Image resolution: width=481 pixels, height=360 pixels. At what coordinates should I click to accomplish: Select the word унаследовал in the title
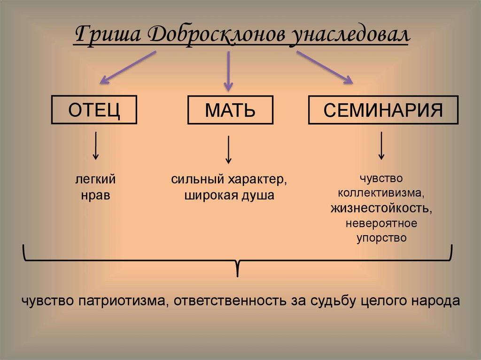coord(349,37)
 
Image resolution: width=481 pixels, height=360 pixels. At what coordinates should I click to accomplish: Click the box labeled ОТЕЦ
coord(94,110)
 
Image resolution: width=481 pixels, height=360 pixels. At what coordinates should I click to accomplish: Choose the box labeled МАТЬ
coord(230,110)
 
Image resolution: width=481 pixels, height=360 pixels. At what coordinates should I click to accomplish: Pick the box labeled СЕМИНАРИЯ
coord(383,110)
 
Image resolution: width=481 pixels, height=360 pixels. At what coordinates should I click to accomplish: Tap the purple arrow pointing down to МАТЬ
coord(228,70)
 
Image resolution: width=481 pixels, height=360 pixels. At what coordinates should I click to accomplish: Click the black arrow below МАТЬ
coord(228,149)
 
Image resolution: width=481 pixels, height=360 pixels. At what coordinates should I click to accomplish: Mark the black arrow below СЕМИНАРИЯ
coord(382,146)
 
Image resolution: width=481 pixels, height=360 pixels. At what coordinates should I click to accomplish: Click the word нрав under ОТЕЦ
coord(95,195)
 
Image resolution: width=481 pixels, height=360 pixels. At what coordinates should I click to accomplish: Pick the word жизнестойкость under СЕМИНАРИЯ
coord(381,207)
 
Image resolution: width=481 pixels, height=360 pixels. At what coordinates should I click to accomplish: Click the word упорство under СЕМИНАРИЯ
coord(381,237)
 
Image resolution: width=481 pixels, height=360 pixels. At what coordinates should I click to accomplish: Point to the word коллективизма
coord(381,193)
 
